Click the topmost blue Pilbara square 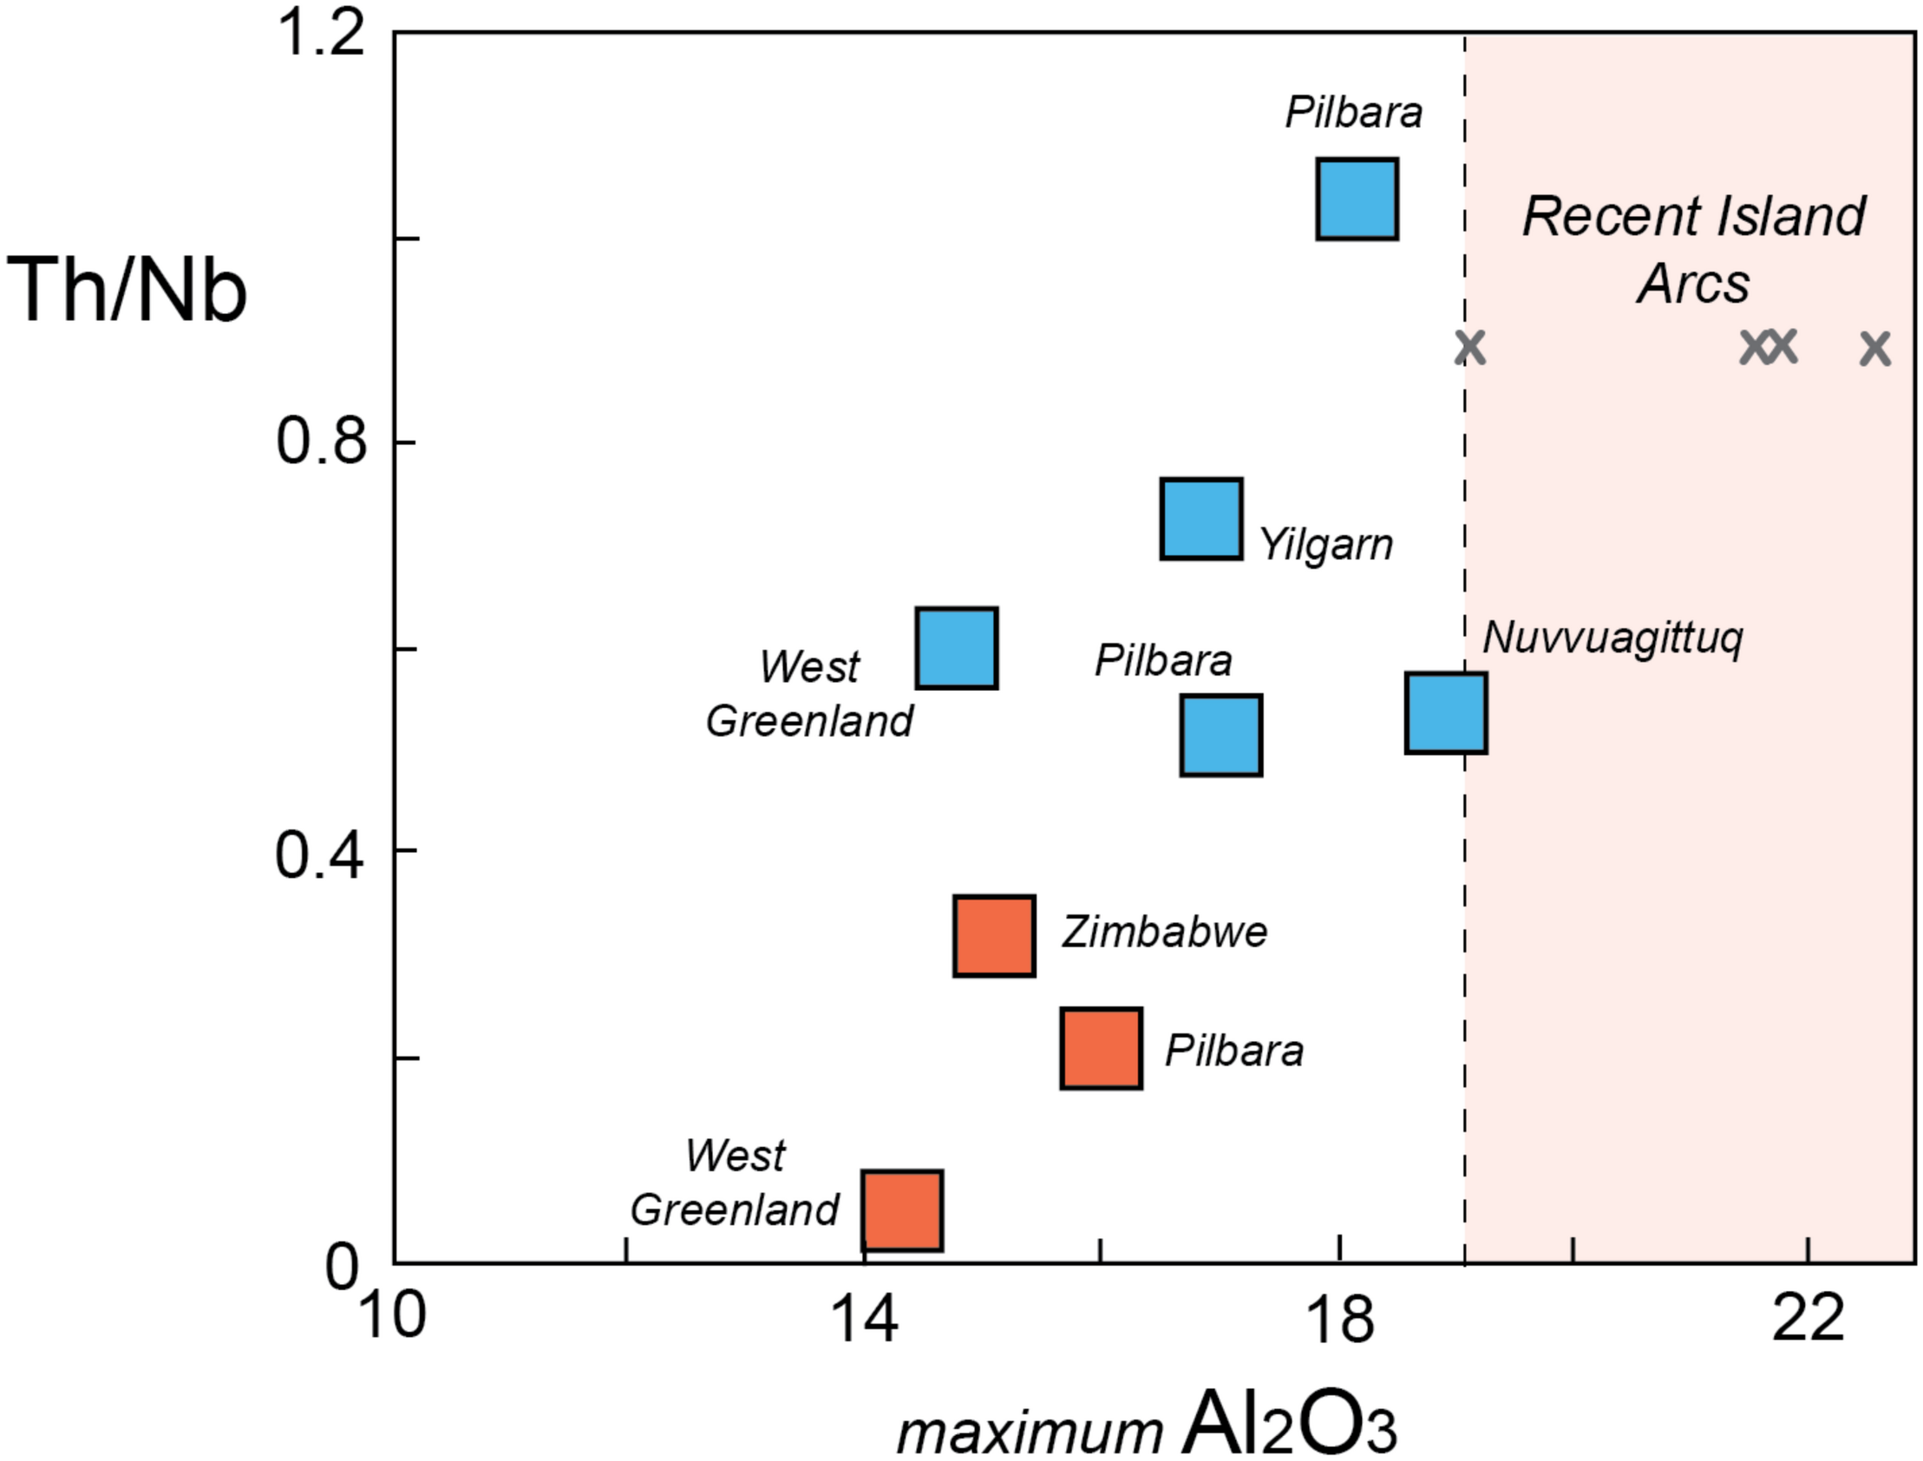point(1357,200)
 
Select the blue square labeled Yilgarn point(1201,518)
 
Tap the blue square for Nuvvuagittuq point(1447,713)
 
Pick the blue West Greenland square point(957,648)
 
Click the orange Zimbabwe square point(995,936)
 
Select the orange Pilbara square point(1102,1049)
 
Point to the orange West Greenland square point(902,1211)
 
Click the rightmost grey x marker point(1875,349)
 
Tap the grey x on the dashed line point(1470,348)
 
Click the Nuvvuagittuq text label point(1612,639)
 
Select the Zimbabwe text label point(1164,933)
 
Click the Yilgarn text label point(1325,545)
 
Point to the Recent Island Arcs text point(1693,250)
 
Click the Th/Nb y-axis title point(128,292)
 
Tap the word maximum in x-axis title point(1030,1430)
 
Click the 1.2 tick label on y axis point(319,36)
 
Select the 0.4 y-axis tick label point(318,855)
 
